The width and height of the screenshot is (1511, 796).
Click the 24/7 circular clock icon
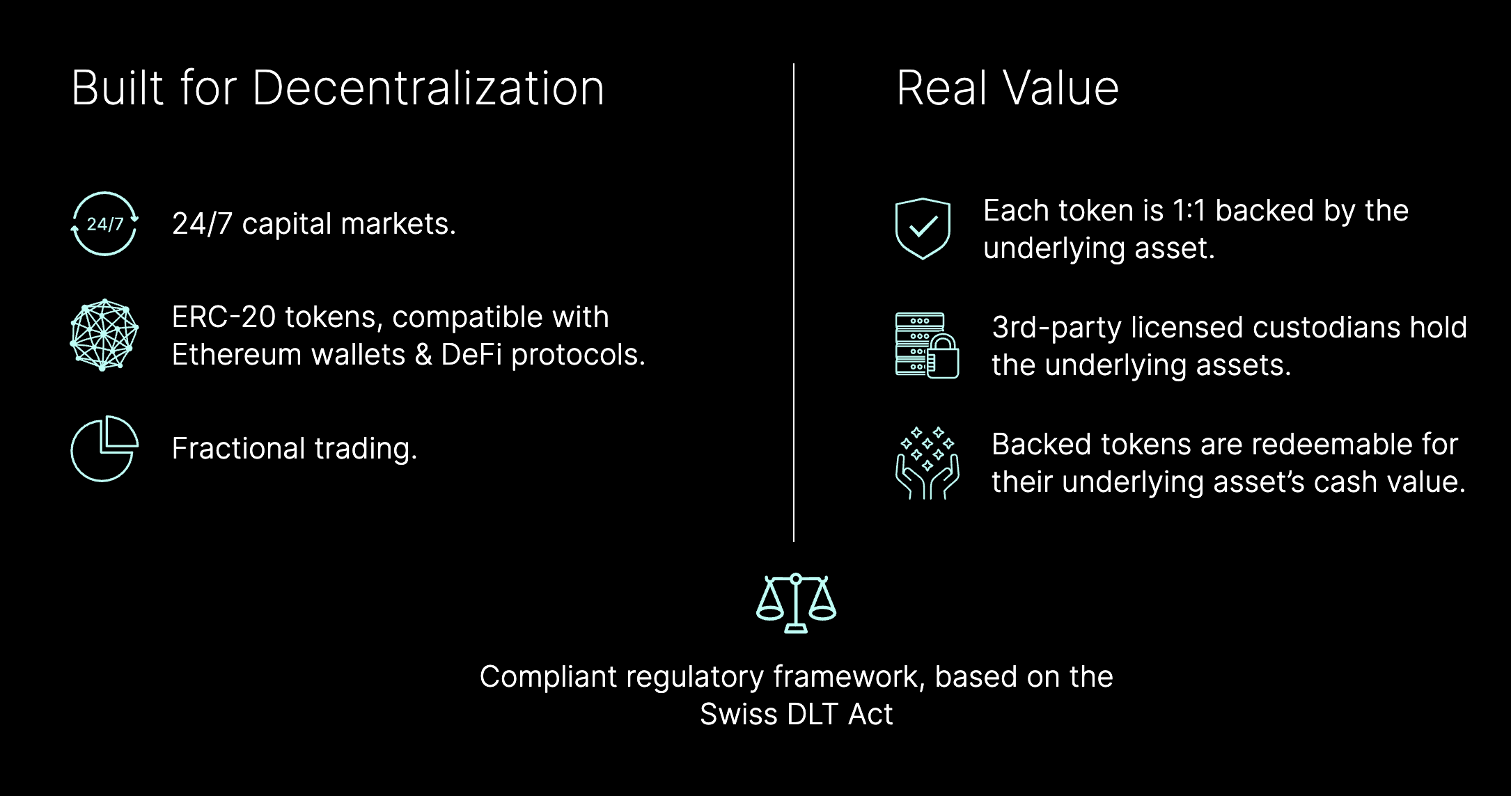(104, 224)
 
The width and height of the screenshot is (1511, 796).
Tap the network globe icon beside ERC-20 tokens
(104, 335)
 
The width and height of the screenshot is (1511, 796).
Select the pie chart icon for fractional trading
(104, 449)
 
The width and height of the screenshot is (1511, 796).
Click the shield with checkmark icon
(923, 228)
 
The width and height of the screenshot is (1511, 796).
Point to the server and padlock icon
(927, 345)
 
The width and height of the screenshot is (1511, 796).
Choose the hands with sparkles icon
(927, 463)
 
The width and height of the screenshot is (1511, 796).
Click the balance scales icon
(796, 603)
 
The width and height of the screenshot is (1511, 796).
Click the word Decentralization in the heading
(428, 88)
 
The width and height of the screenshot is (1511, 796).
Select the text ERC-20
(224, 317)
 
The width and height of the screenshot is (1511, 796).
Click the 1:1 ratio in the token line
(1189, 211)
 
